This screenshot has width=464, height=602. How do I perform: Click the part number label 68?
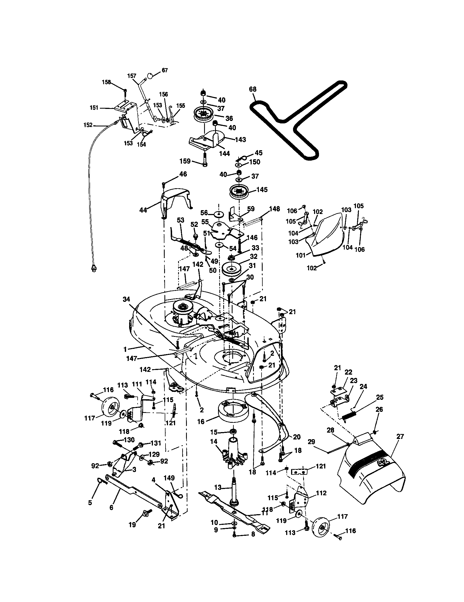pos(253,89)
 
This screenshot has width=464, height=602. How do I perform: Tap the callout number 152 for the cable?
pos(88,125)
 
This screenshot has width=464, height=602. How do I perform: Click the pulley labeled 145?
pos(239,192)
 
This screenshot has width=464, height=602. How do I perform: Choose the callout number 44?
pos(143,210)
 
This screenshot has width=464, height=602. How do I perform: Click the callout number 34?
pos(126,300)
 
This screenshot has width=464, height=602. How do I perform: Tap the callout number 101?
pos(301,255)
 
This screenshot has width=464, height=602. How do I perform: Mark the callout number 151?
pos(94,108)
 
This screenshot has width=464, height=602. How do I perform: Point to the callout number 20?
pos(297,437)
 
